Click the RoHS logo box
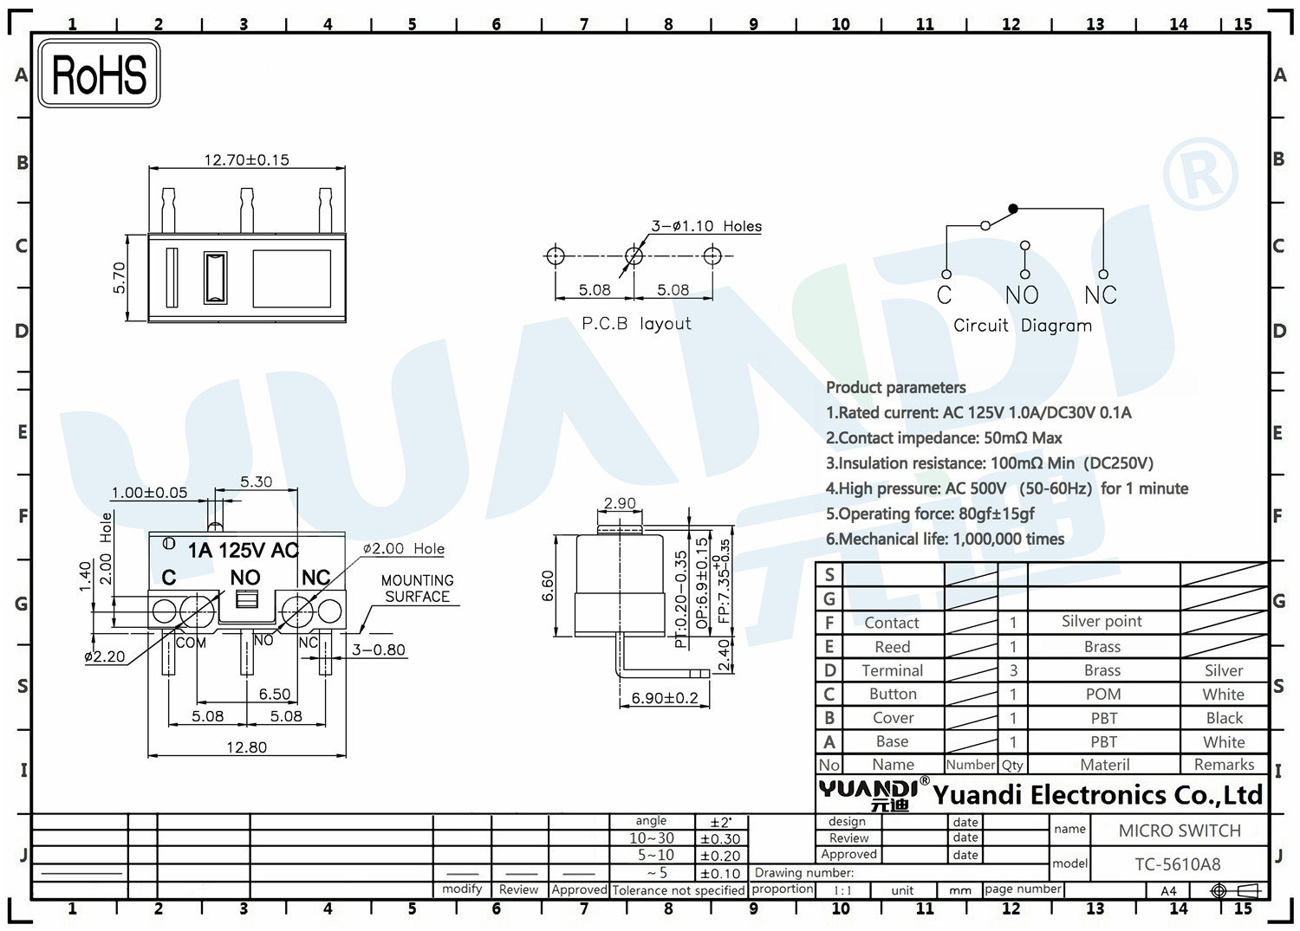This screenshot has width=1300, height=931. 100,73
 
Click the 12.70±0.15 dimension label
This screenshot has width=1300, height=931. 247,159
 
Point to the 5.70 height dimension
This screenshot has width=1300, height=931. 119,278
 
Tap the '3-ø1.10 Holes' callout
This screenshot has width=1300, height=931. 706,226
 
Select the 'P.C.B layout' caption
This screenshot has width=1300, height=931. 637,323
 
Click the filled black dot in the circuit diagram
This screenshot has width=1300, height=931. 1013,208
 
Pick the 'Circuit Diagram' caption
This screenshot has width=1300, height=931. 1023,326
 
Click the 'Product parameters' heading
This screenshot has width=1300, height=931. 895,387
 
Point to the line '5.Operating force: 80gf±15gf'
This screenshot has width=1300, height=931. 930,514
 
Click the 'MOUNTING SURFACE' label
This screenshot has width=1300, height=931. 417,588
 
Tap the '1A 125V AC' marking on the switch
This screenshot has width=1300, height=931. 244,550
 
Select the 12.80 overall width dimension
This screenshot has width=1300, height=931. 247,747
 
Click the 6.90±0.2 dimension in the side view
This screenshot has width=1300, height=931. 665,697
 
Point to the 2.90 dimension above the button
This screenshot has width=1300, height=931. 620,503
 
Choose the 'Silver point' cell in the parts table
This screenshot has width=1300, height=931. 1102,621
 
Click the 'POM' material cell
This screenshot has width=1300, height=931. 1103,694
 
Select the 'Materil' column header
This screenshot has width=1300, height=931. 1104,765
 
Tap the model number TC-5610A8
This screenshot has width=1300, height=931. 1178,864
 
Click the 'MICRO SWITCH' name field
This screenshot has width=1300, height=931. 1180,831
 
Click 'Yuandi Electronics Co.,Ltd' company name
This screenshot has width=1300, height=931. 1097,795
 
